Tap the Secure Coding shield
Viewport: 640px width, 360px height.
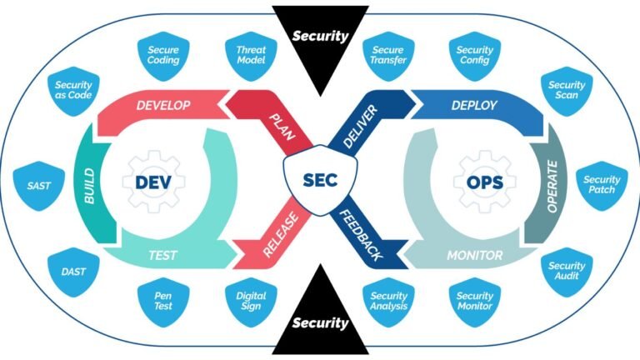coord(163,56)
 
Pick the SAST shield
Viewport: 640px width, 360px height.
coord(39,186)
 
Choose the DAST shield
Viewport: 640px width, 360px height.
coord(80,271)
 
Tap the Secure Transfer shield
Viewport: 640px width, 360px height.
coord(388,56)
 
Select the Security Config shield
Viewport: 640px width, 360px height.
coord(475,56)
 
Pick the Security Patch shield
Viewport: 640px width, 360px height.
coord(601,186)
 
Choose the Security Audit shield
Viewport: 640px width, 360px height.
coord(567,272)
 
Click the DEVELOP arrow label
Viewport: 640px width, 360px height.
coord(163,106)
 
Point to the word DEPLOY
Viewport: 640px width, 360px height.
coord(474,106)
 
